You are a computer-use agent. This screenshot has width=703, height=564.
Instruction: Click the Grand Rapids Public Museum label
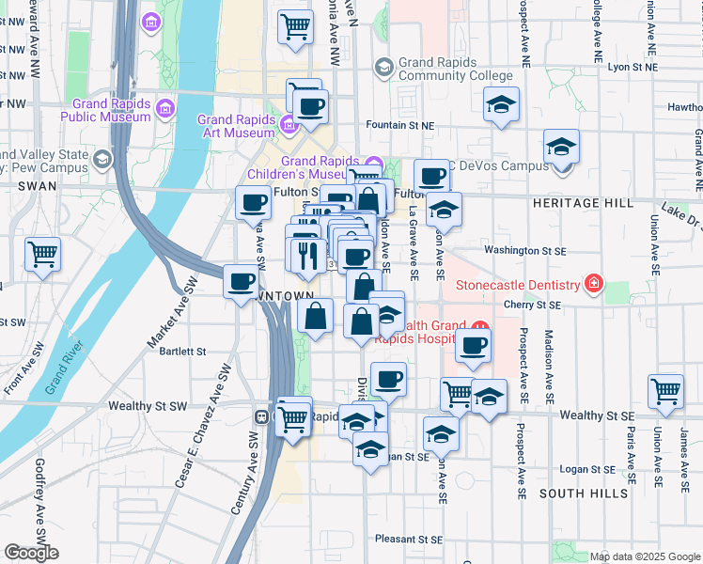pyautogui.click(x=105, y=110)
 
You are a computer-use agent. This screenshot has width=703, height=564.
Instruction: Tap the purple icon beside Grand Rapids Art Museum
pyautogui.click(x=289, y=123)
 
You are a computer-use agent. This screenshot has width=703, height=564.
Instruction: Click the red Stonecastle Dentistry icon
pyautogui.click(x=592, y=282)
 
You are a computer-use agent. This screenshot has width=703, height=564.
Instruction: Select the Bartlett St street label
pyautogui.click(x=182, y=352)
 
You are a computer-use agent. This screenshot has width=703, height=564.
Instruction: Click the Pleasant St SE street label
pyautogui.click(x=408, y=539)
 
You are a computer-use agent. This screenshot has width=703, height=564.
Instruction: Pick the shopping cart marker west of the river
pyautogui.click(x=43, y=254)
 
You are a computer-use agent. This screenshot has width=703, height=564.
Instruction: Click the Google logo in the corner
pyautogui.click(x=31, y=553)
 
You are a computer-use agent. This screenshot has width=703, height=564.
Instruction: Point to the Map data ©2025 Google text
pyautogui.click(x=645, y=556)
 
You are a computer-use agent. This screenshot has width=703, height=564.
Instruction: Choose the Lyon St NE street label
pyautogui.click(x=630, y=68)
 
